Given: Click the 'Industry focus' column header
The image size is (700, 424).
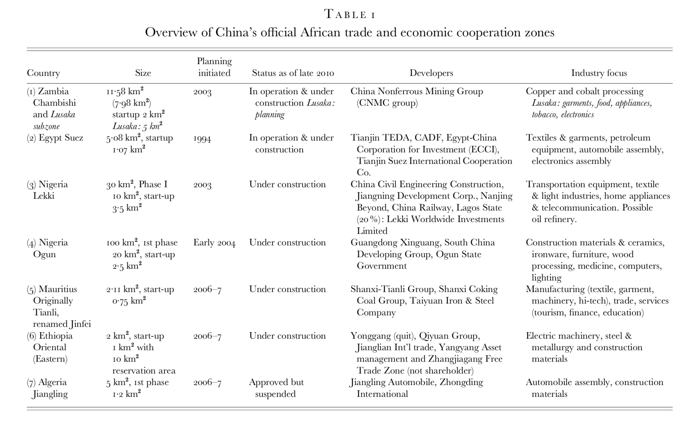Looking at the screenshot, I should point(599,73).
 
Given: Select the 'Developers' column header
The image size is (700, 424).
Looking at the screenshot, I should point(431,73).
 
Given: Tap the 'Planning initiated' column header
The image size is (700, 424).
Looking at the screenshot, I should point(214,67).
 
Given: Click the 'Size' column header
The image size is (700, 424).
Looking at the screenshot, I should point(143,73).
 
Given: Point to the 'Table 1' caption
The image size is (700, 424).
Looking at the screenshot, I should point(350,14).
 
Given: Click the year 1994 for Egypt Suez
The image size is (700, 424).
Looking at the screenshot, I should point(202,138).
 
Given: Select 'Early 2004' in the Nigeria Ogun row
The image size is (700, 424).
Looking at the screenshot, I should point(214,243).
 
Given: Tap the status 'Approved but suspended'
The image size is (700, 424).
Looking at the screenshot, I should point(276,388).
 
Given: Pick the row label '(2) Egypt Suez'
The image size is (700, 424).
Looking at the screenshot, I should point(55,138).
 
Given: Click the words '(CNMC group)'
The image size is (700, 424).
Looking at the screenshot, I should point(387,103).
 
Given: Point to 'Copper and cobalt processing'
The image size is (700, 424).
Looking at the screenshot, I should point(585,91).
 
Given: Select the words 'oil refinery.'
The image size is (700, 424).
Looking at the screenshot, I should point(554,219).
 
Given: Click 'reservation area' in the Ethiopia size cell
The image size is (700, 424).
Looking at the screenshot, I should point(144,371).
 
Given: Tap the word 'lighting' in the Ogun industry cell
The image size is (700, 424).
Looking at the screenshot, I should point(547,278).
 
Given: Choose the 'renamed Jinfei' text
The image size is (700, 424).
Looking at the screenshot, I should point(62,324).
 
